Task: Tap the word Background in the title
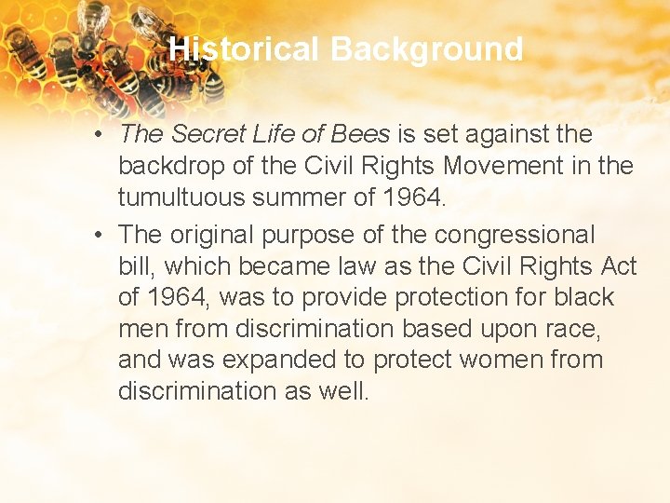coord(427,48)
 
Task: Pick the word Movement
coord(491,166)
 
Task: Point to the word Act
coord(618,266)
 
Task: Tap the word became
coord(283,266)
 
